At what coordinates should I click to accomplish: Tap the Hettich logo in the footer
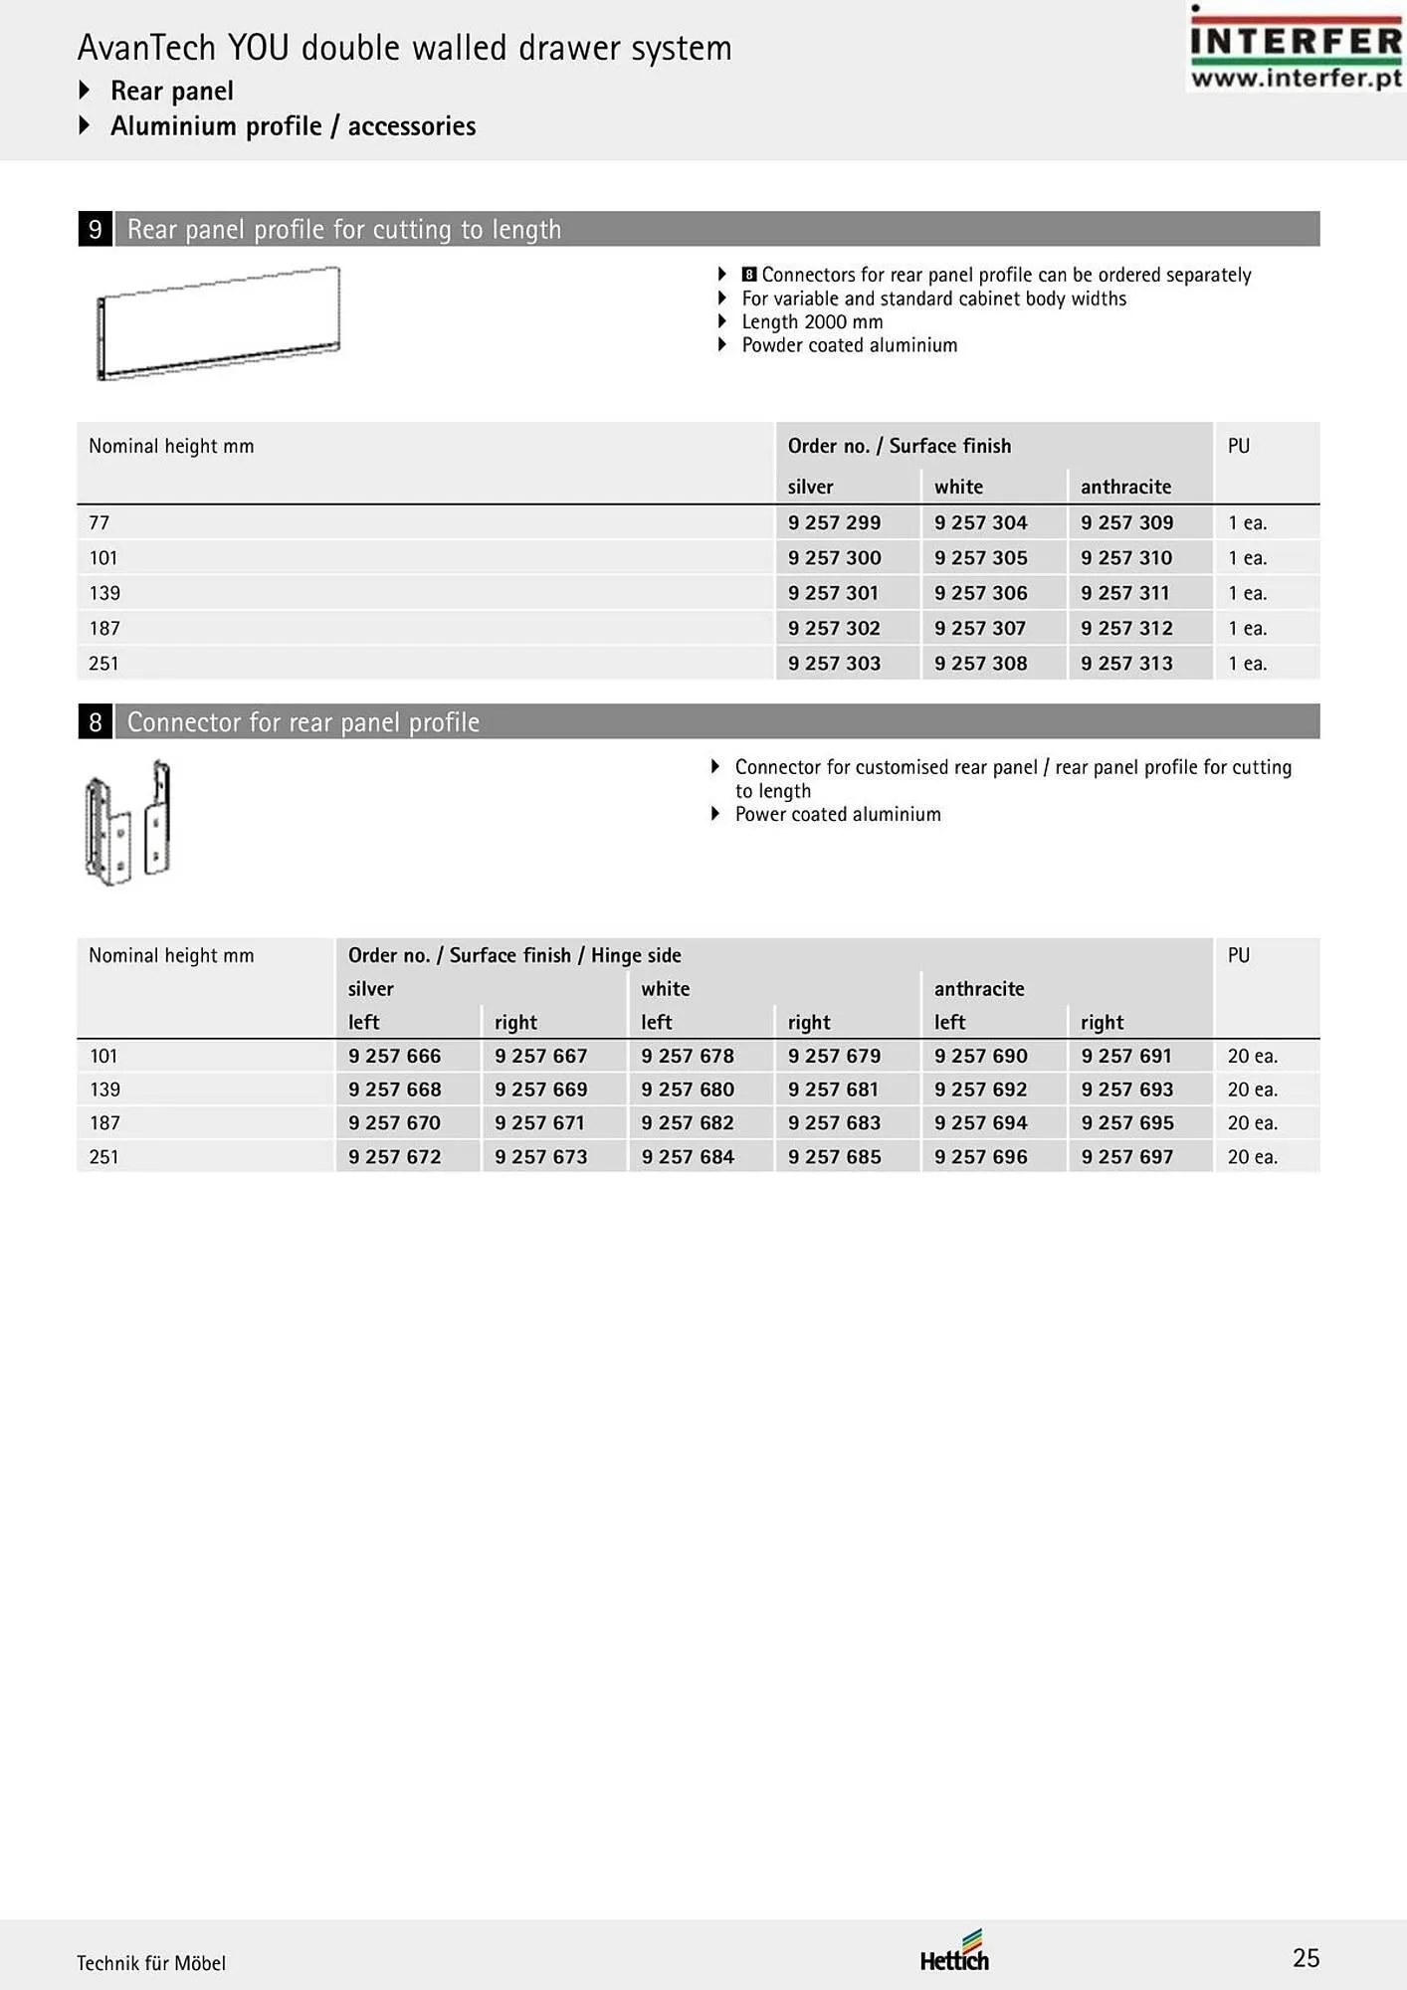[954, 1952]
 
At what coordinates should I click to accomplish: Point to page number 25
[1306, 1958]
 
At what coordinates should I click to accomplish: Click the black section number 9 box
[96, 230]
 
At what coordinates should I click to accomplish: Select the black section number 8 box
[96, 722]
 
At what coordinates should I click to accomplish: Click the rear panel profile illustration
[219, 322]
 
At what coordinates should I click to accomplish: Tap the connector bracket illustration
[128, 823]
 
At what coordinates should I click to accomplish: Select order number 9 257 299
[834, 522]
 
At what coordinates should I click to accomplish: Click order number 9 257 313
[1126, 664]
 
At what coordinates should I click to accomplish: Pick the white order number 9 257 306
[980, 593]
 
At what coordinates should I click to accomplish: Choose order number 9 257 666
[394, 1056]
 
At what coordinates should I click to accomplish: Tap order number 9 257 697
[1126, 1157]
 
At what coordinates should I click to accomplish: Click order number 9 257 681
[834, 1090]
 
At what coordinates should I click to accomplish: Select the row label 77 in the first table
[100, 522]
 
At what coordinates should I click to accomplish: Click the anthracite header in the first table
[1125, 487]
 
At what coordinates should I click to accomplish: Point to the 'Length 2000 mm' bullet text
[812, 321]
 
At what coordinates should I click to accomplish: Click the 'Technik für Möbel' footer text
[151, 1963]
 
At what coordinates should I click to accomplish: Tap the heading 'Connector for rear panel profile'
[303, 722]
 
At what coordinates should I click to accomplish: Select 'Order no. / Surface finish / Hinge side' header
[514, 955]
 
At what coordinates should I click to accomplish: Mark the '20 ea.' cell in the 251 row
[1252, 1157]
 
